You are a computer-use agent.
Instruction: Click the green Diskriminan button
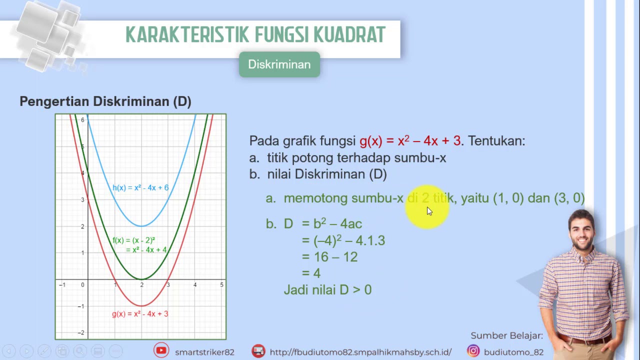279,64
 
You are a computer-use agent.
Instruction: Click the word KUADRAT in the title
349,35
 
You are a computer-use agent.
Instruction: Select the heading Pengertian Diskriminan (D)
105,101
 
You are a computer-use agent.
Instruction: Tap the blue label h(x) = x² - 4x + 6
140,188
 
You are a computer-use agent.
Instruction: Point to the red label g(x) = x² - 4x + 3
140,314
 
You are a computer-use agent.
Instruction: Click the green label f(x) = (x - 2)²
133,240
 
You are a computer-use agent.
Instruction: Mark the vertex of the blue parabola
141,226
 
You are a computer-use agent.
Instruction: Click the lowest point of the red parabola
141,305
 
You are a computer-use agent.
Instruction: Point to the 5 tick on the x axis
221,285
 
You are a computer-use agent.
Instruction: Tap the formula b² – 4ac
337,224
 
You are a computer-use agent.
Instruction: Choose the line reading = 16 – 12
330,257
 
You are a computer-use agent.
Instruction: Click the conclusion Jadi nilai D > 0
327,290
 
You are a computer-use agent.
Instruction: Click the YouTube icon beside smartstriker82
161,351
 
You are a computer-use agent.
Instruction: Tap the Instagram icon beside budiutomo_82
473,351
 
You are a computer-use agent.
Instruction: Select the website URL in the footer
360,352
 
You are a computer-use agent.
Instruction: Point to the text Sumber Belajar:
506,335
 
